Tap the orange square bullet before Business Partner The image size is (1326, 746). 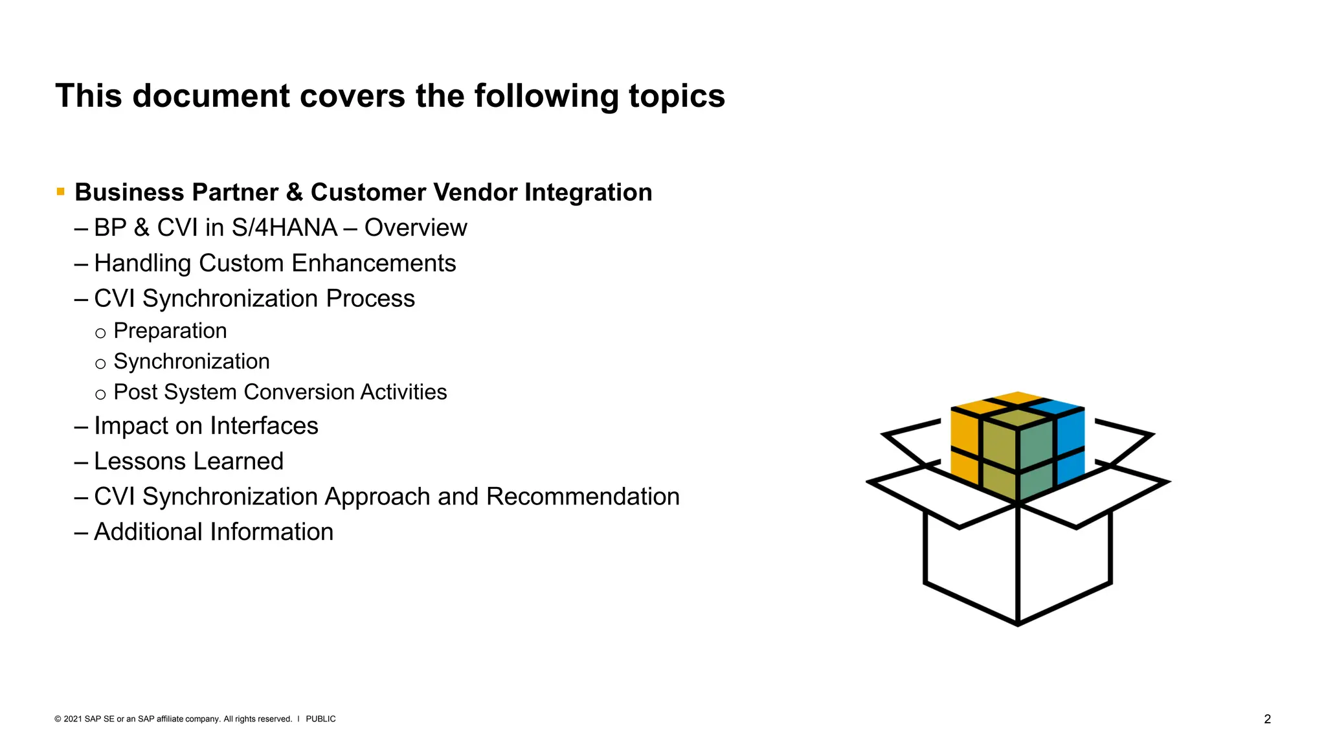point(61,192)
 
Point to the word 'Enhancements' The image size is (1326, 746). point(374,264)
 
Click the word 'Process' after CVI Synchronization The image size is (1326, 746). point(370,299)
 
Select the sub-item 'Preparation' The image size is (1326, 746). point(170,331)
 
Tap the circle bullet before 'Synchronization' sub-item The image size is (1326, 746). point(100,364)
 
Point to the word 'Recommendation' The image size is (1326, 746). point(583,497)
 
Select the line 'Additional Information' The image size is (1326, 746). point(213,532)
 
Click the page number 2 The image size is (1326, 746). point(1267,719)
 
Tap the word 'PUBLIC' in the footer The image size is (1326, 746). point(320,719)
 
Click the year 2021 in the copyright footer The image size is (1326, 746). point(73,719)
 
